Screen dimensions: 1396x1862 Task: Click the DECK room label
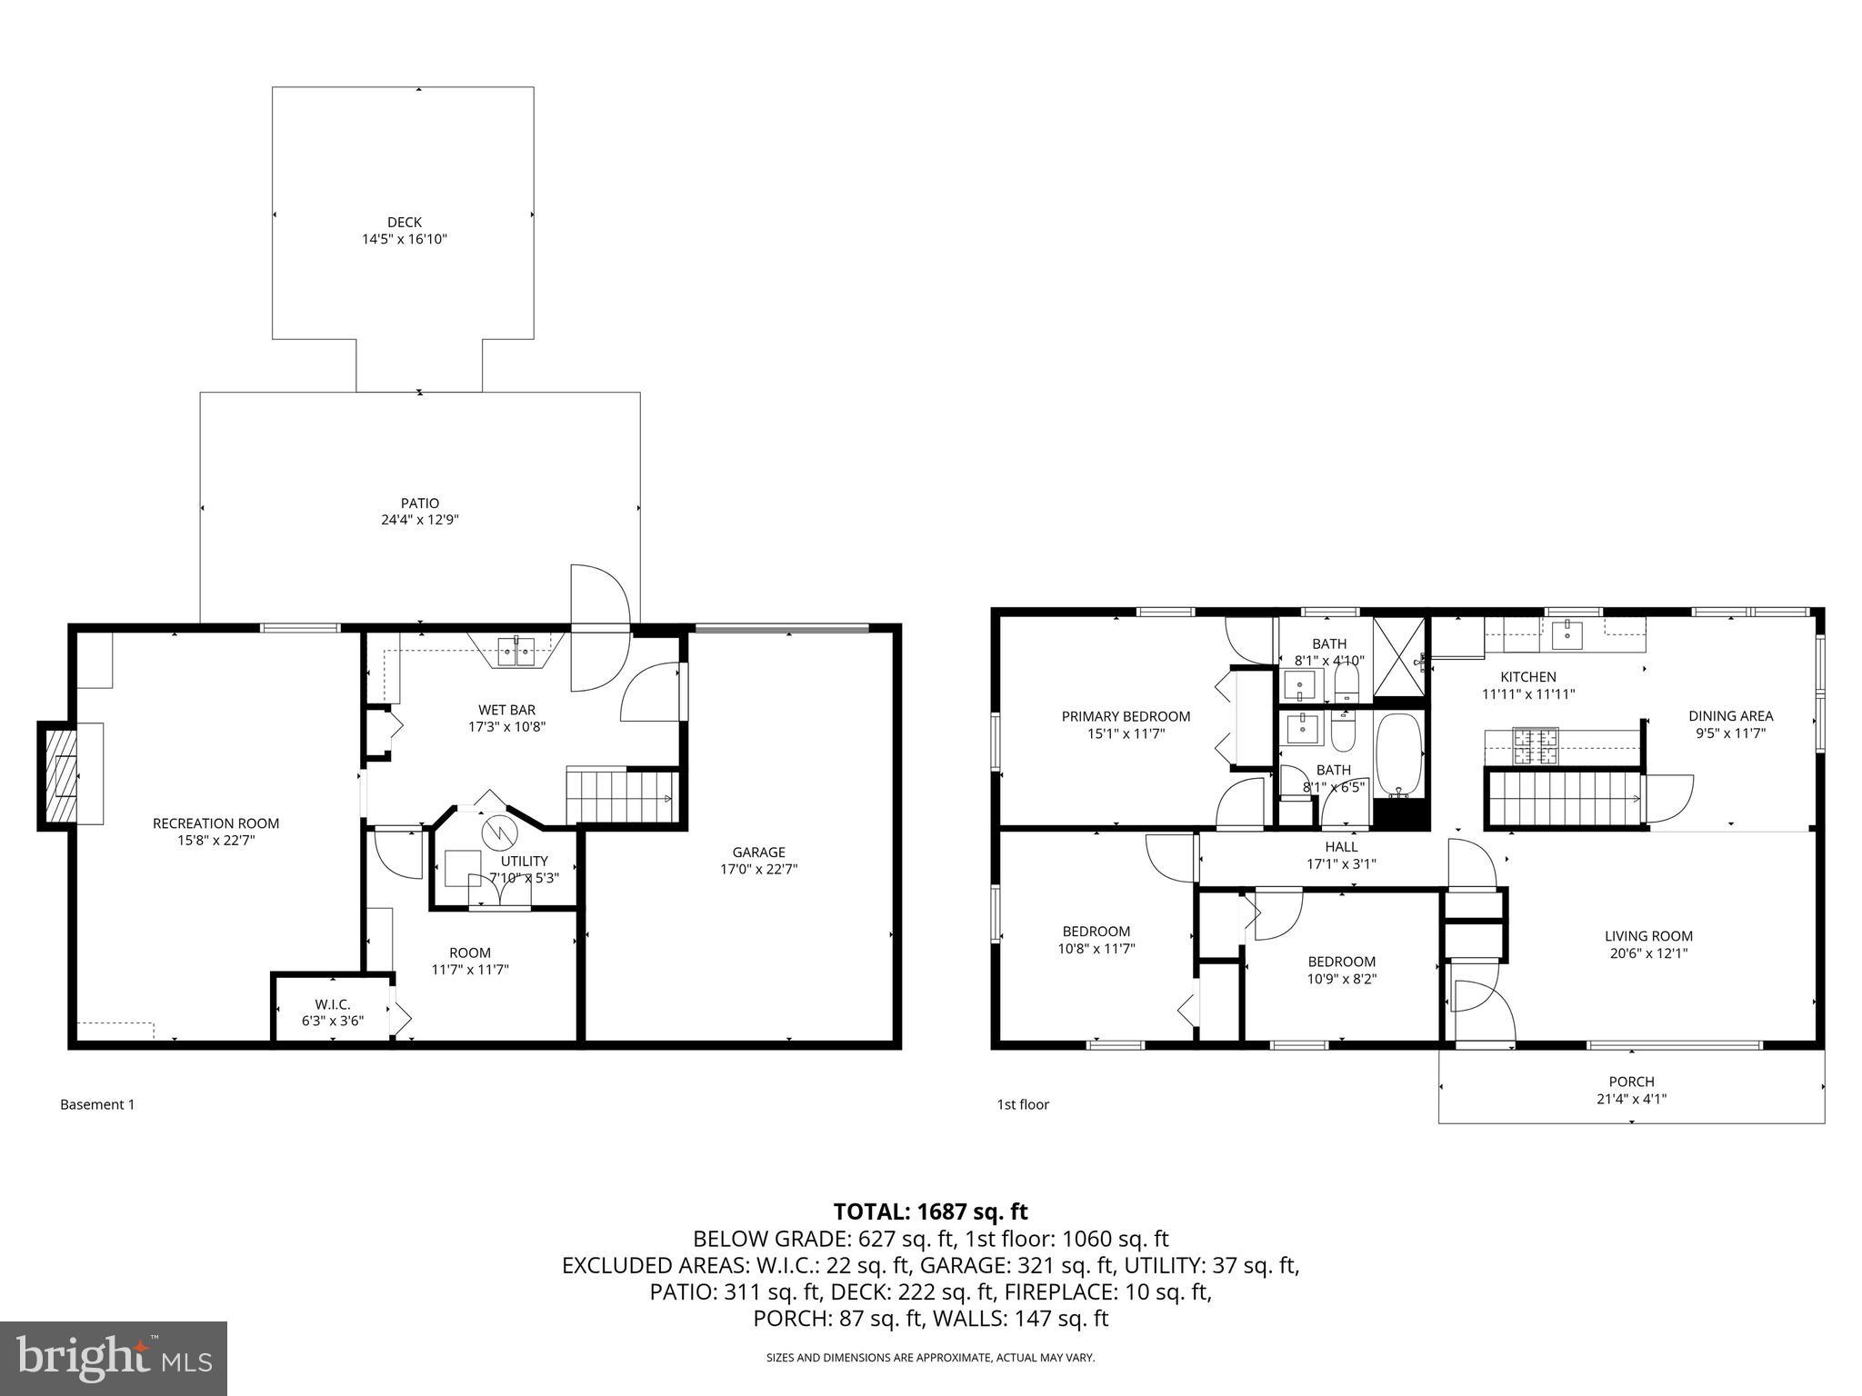click(405, 222)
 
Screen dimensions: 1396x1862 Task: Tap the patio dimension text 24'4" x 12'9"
click(420, 521)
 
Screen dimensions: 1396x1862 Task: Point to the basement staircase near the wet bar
click(622, 798)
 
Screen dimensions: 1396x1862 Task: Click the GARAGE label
click(758, 852)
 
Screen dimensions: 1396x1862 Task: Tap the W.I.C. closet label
click(333, 1004)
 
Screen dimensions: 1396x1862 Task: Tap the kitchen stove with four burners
click(1535, 746)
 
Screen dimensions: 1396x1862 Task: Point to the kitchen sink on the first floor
click(1567, 635)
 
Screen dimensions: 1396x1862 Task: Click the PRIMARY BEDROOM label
click(1126, 716)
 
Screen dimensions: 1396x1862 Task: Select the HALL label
click(1341, 847)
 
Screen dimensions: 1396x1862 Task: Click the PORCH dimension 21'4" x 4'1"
click(1631, 1098)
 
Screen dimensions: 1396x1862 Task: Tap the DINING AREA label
click(1730, 716)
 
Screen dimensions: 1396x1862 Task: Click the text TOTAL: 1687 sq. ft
click(930, 1212)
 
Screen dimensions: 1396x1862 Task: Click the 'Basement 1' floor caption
click(97, 1104)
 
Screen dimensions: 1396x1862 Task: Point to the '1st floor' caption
click(1023, 1104)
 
